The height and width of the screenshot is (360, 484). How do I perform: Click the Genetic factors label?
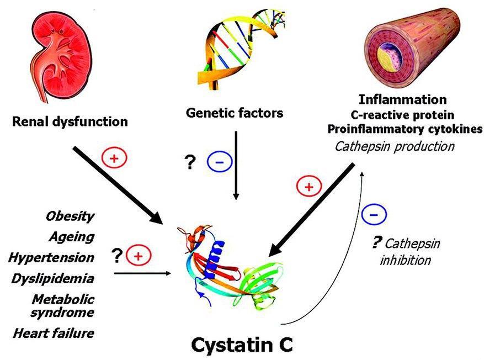(235, 114)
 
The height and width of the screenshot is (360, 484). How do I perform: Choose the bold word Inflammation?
(410, 100)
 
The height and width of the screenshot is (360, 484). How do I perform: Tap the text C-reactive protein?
(410, 115)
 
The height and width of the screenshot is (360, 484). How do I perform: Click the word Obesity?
(70, 216)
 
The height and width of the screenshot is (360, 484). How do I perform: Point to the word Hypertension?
(51, 257)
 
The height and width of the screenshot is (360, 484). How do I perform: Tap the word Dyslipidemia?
(52, 278)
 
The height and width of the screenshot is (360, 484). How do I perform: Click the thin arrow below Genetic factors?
(236, 166)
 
